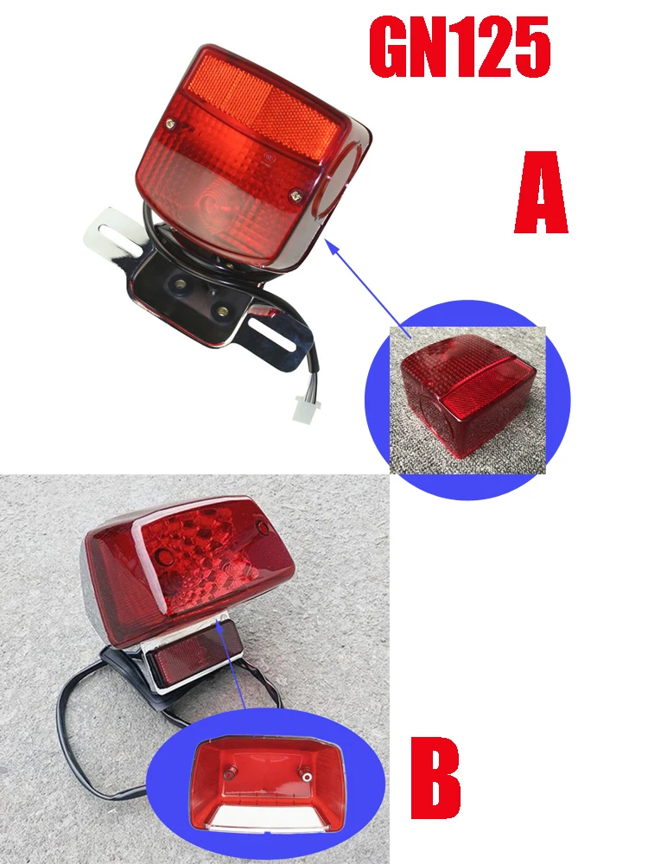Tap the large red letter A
[x=541, y=192]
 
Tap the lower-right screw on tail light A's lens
[x=295, y=195]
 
